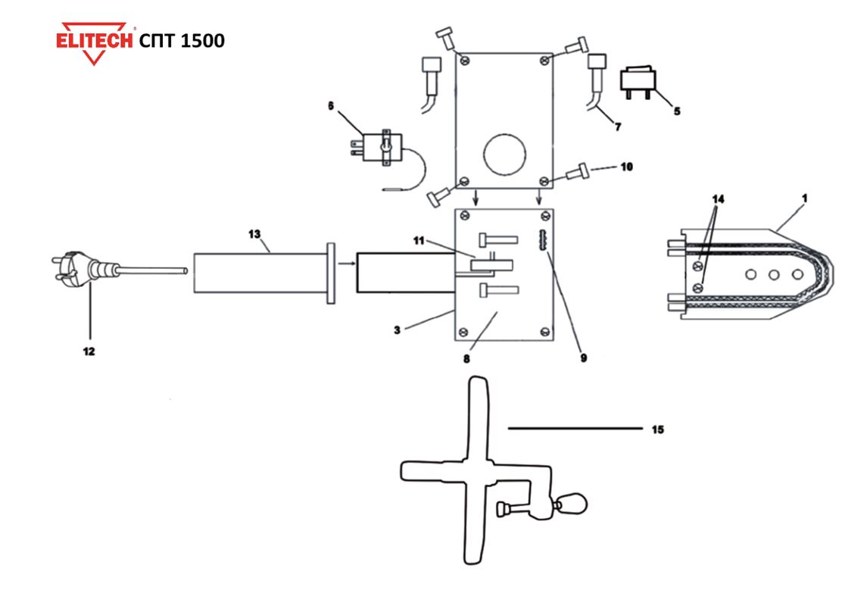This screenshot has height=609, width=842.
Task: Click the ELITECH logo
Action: click(x=95, y=42)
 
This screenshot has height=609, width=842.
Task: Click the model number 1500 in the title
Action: click(x=204, y=41)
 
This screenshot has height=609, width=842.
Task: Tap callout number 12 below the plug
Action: click(x=89, y=351)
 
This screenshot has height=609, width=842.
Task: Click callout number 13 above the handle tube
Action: click(x=254, y=234)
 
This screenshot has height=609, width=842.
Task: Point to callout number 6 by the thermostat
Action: click(x=331, y=106)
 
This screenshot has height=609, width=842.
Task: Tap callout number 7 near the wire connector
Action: click(x=618, y=126)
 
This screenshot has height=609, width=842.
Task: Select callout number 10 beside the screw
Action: click(x=627, y=167)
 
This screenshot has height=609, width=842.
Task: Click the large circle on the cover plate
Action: click(x=504, y=155)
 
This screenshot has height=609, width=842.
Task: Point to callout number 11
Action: click(x=419, y=241)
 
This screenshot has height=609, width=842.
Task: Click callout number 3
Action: click(x=397, y=329)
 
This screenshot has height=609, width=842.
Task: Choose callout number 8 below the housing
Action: click(x=466, y=358)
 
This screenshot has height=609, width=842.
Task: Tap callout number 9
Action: click(x=584, y=358)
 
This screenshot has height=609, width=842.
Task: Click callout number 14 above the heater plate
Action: click(x=718, y=199)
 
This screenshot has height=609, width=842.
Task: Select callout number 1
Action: click(x=804, y=198)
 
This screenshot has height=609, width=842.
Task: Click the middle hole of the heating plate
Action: click(x=774, y=275)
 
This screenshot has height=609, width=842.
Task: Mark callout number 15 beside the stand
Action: click(x=658, y=429)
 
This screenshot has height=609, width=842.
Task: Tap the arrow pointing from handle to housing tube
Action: click(x=346, y=263)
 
